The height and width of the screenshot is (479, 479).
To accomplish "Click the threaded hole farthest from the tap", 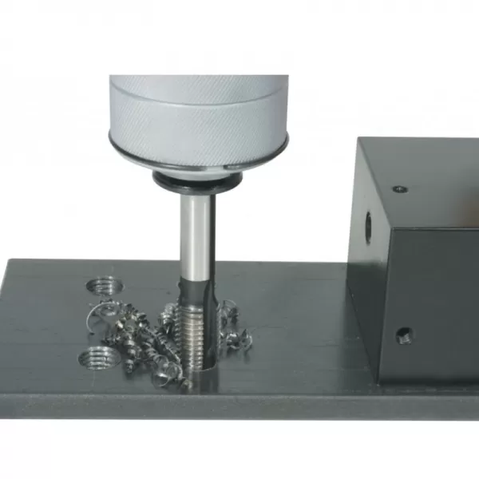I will pyautogui.click(x=101, y=285).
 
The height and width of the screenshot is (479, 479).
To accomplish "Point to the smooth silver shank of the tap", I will pyautogui.click(x=195, y=232).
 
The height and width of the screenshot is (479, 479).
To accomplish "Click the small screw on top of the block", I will pyautogui.click(x=399, y=189).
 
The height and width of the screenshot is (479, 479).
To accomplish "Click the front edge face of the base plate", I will pyautogui.click(x=239, y=406).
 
